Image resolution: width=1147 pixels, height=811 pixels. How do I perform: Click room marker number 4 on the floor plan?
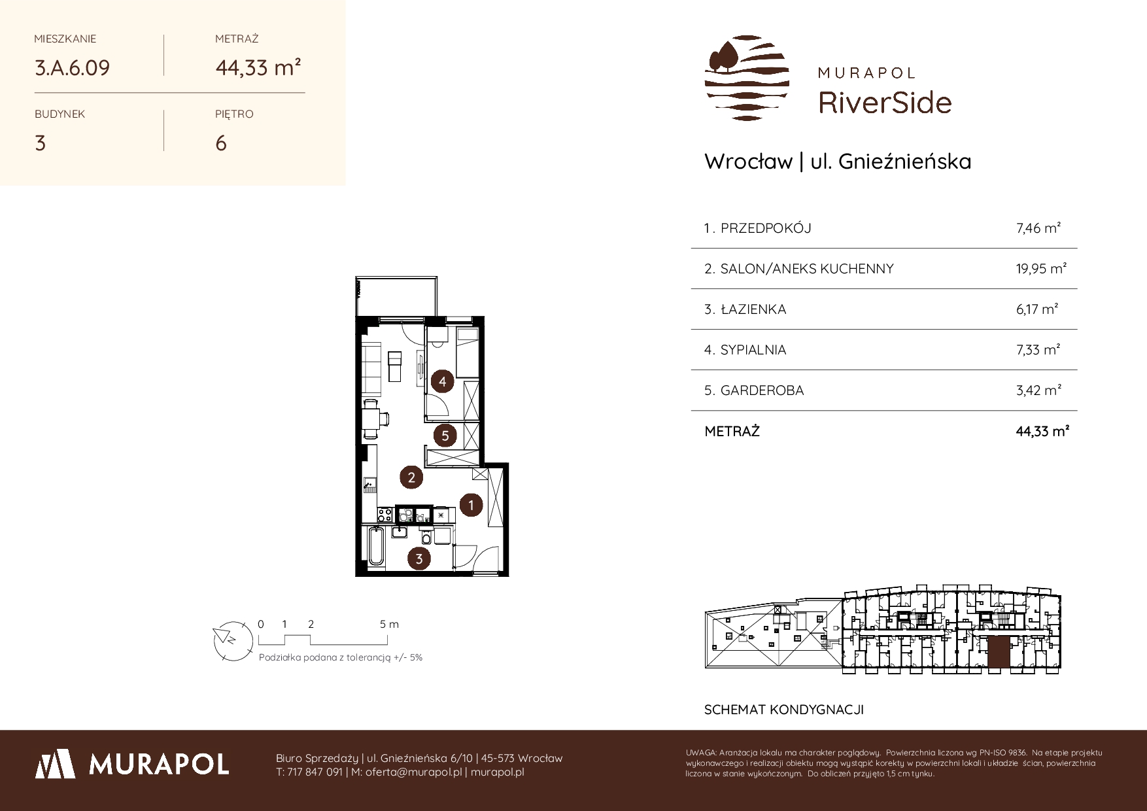(x=443, y=381)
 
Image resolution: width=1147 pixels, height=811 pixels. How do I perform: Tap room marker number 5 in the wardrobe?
(x=445, y=435)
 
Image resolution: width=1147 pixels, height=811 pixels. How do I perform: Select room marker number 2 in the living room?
(x=411, y=477)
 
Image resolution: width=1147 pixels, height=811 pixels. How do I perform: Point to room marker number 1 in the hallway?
(x=471, y=504)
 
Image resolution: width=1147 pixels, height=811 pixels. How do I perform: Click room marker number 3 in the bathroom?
(x=419, y=559)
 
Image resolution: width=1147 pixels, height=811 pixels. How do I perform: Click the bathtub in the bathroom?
(x=376, y=547)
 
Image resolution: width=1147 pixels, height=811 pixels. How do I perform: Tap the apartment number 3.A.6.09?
(x=72, y=68)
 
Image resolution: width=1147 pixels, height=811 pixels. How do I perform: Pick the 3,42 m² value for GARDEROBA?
(x=1038, y=390)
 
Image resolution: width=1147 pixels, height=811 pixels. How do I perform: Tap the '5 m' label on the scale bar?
(x=389, y=624)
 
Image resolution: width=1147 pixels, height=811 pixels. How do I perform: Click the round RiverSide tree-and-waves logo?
(x=747, y=78)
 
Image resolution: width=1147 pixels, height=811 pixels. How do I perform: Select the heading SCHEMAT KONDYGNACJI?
(x=784, y=710)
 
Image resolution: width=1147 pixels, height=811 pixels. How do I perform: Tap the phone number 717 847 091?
(x=315, y=772)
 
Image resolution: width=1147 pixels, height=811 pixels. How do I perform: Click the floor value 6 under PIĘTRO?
(x=221, y=143)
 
